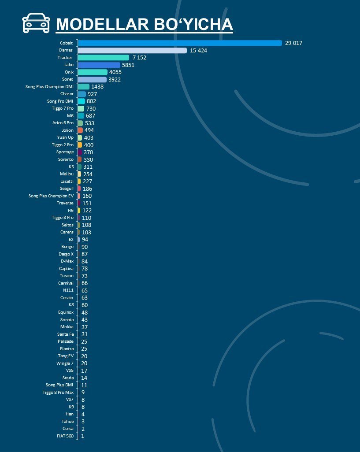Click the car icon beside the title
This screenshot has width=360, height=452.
(x=36, y=23)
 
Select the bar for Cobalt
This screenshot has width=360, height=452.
(x=180, y=43)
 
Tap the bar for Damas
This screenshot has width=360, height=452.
(x=132, y=51)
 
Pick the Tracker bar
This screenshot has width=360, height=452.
(x=104, y=58)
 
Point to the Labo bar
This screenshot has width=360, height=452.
(x=99, y=65)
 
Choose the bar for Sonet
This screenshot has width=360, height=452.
(x=92, y=80)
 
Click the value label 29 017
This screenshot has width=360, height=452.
(x=294, y=43)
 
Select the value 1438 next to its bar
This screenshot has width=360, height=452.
(x=97, y=87)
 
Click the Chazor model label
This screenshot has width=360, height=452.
(x=67, y=94)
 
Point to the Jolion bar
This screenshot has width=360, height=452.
(x=80, y=130)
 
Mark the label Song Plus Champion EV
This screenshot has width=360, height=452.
(x=51, y=196)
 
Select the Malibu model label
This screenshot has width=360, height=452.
(x=67, y=174)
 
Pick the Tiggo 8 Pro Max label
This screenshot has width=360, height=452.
(x=58, y=393)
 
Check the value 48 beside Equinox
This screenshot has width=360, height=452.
(x=85, y=312)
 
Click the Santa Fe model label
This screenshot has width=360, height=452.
(x=65, y=334)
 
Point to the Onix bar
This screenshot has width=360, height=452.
(x=93, y=72)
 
